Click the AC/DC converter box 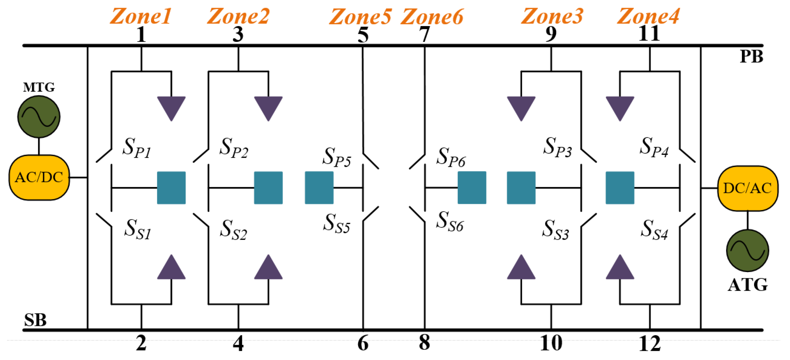pos(39,177)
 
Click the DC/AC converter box pos(747,188)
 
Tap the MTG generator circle pos(39,117)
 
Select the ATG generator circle pos(747,250)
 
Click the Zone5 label pos(360,16)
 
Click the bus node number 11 pos(649,34)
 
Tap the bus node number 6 pos(363,343)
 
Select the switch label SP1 pos(136,147)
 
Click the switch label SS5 pos(337,223)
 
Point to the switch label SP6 pos(451,157)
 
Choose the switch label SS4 pos(654,230)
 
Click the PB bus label pos(751,56)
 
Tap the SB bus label pos(35,320)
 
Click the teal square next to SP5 pos(319,188)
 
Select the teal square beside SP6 pos(472,188)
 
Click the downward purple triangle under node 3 pos(268,107)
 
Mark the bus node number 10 pos(551,343)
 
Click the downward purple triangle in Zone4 pos(620,107)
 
